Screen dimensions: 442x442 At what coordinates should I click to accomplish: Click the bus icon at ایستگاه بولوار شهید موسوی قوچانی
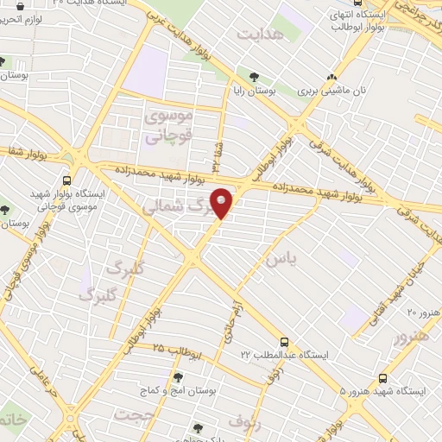click(67, 181)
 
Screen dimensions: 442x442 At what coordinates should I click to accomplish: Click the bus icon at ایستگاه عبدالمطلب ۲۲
click(283, 343)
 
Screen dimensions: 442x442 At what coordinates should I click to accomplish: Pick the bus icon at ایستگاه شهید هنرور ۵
click(382, 378)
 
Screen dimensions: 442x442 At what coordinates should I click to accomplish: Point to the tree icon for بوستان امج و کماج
click(179, 377)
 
